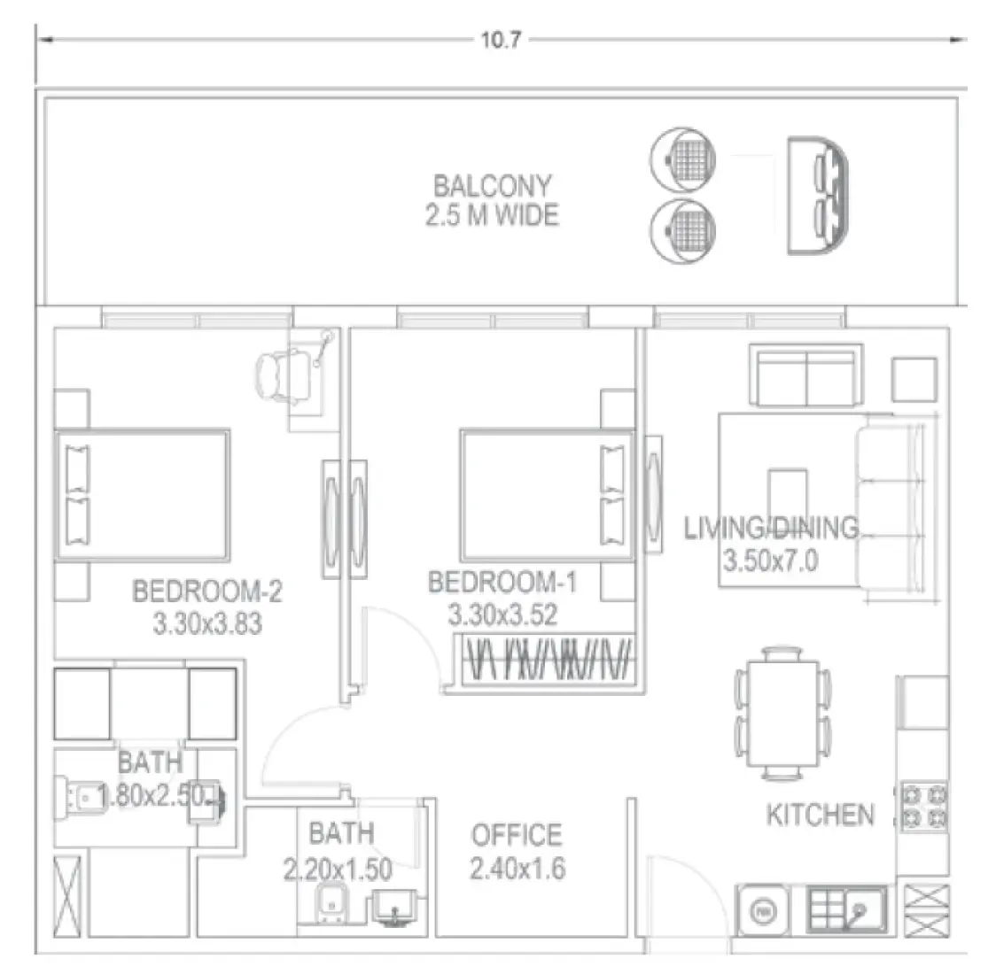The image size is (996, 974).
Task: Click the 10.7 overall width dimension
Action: point(500,41)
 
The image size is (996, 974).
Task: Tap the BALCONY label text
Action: point(492,186)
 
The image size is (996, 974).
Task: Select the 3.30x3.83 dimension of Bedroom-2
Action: point(207,623)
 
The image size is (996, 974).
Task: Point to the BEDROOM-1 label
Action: point(502,583)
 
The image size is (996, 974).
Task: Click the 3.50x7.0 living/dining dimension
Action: point(769,561)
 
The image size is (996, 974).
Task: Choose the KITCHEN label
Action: point(820,815)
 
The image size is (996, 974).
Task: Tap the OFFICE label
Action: point(516,835)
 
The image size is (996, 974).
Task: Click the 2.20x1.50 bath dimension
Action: point(338,869)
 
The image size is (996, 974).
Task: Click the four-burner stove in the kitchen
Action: point(923,807)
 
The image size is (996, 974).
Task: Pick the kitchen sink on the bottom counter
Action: point(847,908)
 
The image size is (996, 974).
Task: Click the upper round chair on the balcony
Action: point(683,159)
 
